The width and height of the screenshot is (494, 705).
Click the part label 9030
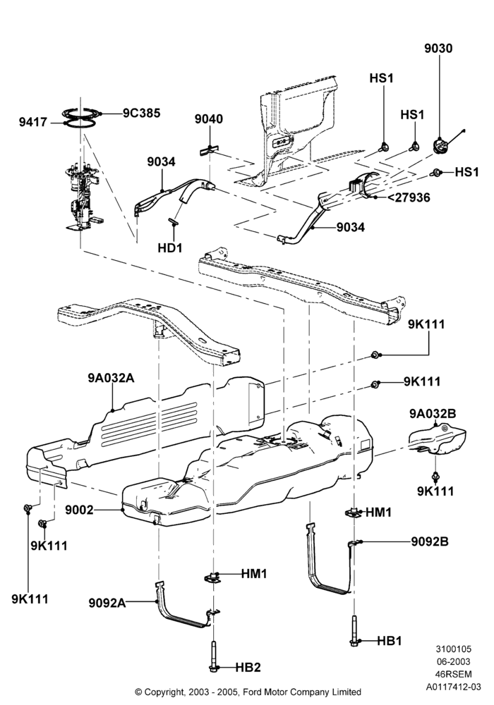tap(438, 48)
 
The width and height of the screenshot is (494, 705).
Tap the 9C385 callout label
tap(141, 113)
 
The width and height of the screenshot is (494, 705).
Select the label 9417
tap(33, 121)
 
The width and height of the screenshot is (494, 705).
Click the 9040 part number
tap(209, 119)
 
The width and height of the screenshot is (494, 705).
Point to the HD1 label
tap(169, 247)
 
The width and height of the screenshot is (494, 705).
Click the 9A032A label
tap(111, 378)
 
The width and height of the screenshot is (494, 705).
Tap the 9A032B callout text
tap(433, 413)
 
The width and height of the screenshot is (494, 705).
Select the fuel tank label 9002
tap(79, 510)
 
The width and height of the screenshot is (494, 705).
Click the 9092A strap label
tap(107, 603)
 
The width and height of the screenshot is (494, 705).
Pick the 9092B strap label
tap(430, 541)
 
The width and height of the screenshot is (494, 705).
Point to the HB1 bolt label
tap(389, 641)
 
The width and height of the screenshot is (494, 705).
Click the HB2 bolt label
tap(248, 667)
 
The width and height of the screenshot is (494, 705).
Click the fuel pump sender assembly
tap(83, 198)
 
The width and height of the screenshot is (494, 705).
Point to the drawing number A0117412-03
tap(454, 687)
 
